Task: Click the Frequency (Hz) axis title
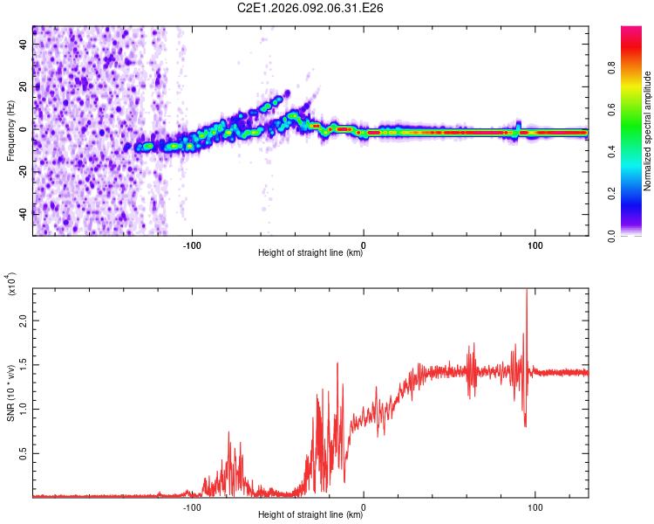10,130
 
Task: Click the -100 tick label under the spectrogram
192,245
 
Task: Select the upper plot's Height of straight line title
310,253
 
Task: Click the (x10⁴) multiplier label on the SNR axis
12,285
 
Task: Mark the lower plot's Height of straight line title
310,514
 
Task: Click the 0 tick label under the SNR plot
363,507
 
